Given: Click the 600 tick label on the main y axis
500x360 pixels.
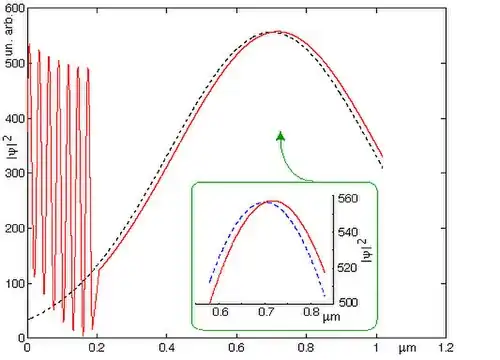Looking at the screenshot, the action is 15,8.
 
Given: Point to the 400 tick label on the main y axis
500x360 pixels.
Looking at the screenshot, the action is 15,119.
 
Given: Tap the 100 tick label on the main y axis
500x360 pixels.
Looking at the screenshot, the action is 15,284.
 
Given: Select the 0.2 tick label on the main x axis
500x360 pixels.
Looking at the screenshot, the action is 97,348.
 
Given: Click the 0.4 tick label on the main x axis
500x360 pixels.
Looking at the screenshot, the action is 167,348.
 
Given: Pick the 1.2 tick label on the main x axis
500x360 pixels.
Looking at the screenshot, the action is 446,348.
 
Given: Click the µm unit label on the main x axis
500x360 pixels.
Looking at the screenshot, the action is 407,349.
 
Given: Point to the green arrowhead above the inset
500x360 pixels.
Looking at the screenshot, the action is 281,136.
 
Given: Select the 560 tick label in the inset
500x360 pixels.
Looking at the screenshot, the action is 348,199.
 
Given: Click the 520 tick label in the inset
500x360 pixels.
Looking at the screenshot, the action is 348,267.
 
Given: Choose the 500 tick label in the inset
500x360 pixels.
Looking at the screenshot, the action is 348,302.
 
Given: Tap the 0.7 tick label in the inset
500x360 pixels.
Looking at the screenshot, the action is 266,312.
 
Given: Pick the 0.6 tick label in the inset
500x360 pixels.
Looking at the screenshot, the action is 220,312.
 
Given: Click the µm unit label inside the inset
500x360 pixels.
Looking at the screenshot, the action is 331,317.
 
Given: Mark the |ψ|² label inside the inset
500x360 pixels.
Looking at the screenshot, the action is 367,250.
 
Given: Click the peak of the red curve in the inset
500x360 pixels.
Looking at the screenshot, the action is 273,201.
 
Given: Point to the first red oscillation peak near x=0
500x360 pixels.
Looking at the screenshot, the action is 29,44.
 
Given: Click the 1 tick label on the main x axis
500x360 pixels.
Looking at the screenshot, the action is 376,348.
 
